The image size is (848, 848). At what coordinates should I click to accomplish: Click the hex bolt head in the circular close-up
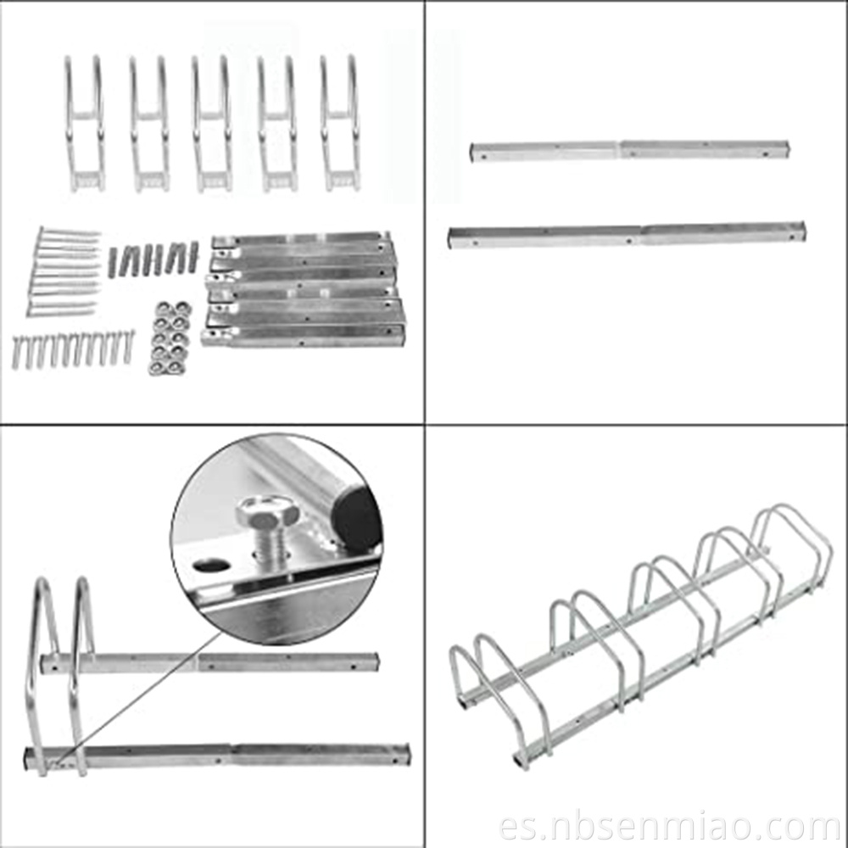(x=265, y=513)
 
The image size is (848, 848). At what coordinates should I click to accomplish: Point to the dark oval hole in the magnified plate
(x=209, y=566)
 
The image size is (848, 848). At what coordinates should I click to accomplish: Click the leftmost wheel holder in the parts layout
(x=84, y=123)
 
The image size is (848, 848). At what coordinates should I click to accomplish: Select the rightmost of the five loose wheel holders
(x=340, y=123)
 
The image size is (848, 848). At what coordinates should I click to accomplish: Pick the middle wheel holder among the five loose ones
(x=211, y=123)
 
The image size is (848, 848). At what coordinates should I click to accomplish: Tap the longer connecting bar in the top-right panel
(x=627, y=235)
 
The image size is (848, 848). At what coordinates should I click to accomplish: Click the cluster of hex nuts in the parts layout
(x=170, y=338)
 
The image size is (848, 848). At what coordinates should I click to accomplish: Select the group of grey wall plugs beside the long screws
(x=153, y=259)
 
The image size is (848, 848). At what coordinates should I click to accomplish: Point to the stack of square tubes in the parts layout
(x=303, y=288)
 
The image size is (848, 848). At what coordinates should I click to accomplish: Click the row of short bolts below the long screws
(x=73, y=349)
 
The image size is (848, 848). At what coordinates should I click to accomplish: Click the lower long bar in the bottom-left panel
(x=216, y=755)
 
